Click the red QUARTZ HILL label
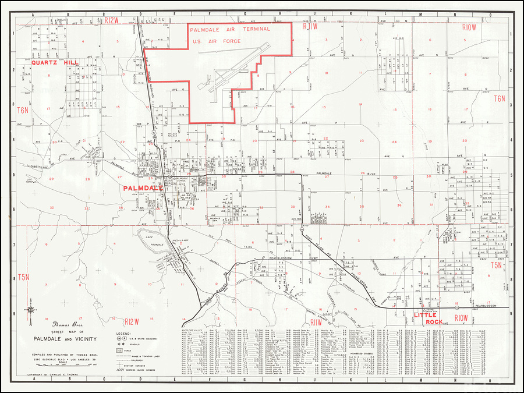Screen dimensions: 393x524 [56, 63]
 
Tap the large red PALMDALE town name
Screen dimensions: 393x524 [142, 189]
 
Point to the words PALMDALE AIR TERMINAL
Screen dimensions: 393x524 [230, 29]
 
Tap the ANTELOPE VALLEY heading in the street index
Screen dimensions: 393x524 [194, 330]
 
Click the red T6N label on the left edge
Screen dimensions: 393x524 [23, 110]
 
